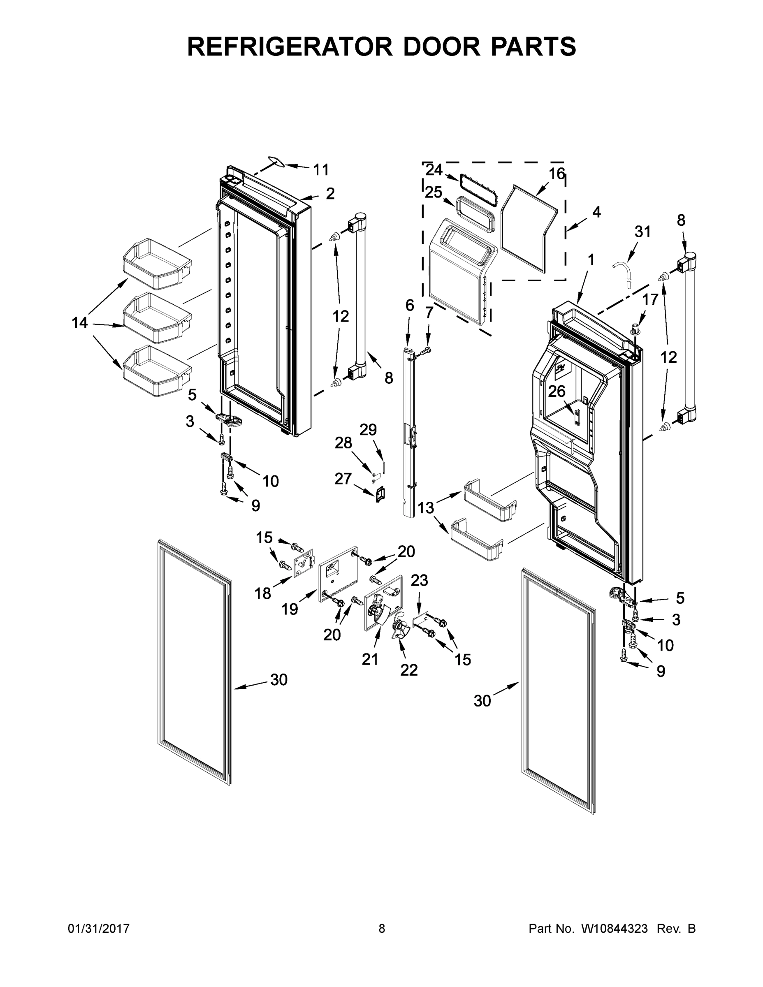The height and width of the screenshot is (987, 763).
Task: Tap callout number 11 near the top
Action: coord(321,170)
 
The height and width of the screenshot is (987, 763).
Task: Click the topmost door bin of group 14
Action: coord(157,264)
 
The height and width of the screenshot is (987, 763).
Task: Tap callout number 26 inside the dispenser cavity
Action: coord(557,391)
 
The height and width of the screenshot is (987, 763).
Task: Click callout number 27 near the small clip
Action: coord(343,478)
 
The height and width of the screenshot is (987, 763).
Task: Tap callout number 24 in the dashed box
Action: coord(434,170)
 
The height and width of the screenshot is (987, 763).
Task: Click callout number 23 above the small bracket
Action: coord(419,580)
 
